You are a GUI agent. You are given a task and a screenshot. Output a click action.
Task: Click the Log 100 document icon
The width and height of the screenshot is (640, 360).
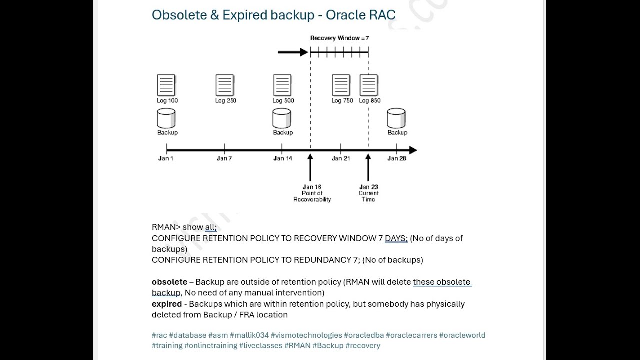coord(166,85)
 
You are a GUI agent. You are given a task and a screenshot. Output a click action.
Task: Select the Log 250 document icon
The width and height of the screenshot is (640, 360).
coord(225,85)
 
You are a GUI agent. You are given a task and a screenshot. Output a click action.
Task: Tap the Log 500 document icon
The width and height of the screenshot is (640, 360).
coord(282,85)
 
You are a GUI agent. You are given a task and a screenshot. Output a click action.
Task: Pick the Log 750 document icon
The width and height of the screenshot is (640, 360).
coord(341,85)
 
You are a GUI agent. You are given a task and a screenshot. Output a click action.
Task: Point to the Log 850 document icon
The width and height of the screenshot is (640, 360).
coord(369,85)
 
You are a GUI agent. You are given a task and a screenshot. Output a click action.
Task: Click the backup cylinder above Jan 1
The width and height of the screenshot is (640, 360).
coord(166,119)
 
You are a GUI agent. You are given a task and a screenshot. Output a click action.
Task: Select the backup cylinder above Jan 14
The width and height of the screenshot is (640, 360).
coord(282,119)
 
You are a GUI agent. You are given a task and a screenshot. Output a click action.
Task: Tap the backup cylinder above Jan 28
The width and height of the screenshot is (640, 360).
coord(396,119)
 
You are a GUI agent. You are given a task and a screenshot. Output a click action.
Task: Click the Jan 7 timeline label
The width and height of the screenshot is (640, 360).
coord(224,158)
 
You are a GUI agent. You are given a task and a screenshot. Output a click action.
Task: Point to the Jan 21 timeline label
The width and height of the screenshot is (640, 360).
coord(341,158)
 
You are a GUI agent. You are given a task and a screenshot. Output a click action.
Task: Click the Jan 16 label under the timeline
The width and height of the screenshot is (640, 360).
coord(312,187)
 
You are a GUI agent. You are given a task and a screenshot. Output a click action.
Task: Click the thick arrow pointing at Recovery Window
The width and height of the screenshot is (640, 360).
coord(293,52)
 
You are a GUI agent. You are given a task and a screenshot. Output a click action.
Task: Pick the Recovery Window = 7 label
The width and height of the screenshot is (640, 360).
coord(339,38)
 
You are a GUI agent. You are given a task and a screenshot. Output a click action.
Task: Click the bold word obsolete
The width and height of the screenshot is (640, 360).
coord(169,282)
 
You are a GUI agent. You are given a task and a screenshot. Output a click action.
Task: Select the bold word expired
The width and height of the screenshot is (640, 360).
coord(167,304)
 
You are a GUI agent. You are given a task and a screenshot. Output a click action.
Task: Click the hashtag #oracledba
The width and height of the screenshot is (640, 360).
coord(364,335)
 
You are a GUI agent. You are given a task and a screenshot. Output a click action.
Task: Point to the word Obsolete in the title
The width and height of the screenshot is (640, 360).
coord(179,15)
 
